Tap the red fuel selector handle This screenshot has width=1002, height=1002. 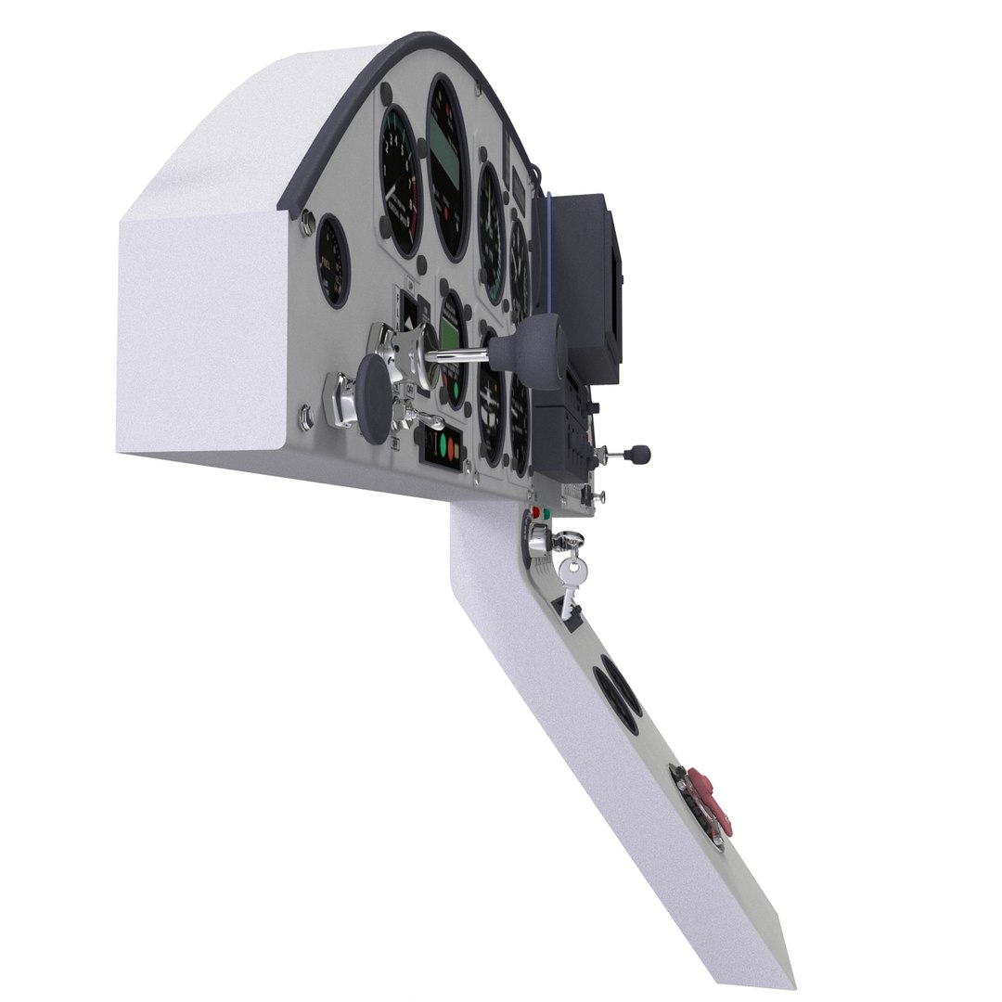713,800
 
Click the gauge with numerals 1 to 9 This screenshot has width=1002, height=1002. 401,182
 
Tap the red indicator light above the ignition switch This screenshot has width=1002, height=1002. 535,513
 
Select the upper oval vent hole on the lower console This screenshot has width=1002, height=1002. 620,694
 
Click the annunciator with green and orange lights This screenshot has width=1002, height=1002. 441,449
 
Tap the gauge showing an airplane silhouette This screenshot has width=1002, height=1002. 491,398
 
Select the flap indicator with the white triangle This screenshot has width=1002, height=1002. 406,315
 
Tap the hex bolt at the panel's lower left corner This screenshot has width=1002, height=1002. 307,419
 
